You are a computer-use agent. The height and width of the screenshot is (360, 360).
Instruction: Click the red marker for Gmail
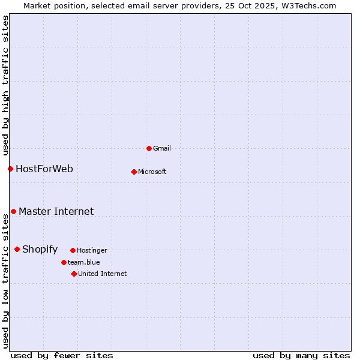[x=149, y=148]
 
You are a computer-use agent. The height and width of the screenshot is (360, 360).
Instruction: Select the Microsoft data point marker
[x=134, y=172]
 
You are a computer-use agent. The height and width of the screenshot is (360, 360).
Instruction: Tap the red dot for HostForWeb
[x=10, y=169]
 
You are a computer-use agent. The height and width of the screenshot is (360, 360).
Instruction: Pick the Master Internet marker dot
[x=13, y=211]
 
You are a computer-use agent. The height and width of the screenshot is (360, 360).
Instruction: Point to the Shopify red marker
[x=17, y=249]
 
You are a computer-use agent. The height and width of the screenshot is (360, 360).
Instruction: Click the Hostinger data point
[x=73, y=250]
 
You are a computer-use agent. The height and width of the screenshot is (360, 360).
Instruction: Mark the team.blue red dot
[x=64, y=262]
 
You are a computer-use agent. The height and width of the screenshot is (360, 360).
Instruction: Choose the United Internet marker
[x=74, y=274]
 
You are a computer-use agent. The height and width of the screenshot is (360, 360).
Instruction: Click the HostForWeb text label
[x=44, y=169]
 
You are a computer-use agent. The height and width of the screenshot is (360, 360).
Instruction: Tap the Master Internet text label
[x=56, y=212]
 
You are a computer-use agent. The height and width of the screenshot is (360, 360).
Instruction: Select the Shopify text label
[x=40, y=250]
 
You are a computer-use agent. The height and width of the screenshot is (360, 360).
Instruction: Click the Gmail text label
[x=162, y=149]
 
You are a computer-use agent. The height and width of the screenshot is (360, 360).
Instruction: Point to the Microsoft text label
[x=152, y=172]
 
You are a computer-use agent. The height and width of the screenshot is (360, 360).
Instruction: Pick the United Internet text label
[x=103, y=274]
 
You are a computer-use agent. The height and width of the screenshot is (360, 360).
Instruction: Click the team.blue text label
[x=84, y=263]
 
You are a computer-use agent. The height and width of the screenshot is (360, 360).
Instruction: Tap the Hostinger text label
[x=92, y=251]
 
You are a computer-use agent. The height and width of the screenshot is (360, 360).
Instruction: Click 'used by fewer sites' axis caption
[x=62, y=356]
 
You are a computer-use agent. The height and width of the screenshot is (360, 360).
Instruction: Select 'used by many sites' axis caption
[x=301, y=356]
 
